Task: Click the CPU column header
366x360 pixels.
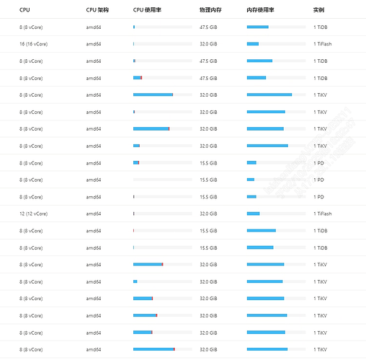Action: [24, 10]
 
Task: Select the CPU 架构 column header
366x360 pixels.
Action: [97, 10]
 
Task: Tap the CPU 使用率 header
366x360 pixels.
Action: [147, 10]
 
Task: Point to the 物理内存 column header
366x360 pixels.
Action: [210, 10]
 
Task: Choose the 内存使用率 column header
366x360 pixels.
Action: [260, 10]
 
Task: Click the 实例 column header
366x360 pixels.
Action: [318, 10]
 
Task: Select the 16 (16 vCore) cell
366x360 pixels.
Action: [33, 44]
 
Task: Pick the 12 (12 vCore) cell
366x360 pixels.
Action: [33, 214]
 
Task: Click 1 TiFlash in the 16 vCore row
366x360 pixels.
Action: [323, 44]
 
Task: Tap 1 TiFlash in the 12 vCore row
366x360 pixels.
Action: [323, 214]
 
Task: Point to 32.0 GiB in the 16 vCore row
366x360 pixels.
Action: [208, 44]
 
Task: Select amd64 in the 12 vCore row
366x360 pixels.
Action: [94, 214]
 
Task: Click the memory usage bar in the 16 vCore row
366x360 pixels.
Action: [276, 44]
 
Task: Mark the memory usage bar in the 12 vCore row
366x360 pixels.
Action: [276, 214]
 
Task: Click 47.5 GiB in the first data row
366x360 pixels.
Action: [208, 27]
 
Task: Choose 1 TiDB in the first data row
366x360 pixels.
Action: [321, 27]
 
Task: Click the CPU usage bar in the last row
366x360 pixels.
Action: [163, 349]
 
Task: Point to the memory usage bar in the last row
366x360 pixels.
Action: [276, 349]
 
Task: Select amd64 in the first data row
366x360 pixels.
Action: [94, 27]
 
